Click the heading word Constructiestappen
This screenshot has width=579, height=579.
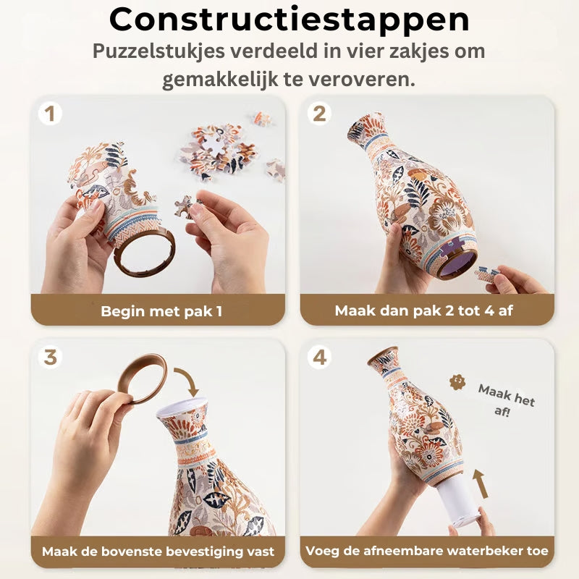pos(289,20)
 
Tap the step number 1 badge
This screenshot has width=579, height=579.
pos(50,114)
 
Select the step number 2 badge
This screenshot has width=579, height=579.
pos(319,114)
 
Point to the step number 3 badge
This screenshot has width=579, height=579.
pos(50,357)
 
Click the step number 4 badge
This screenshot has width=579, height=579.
pos(319,357)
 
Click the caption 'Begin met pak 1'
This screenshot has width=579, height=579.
pos(161,311)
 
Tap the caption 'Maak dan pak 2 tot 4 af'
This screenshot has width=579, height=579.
pos(423,310)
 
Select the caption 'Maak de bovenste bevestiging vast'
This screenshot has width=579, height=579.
pos(158,551)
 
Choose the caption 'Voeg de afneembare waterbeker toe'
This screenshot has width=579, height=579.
pos(427,551)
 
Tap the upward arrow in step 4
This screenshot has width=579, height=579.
pos(481,483)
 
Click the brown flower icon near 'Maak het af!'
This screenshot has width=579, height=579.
pos(457,382)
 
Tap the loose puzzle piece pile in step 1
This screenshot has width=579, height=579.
pos(218,151)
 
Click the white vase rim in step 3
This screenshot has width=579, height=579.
pos(182,405)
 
